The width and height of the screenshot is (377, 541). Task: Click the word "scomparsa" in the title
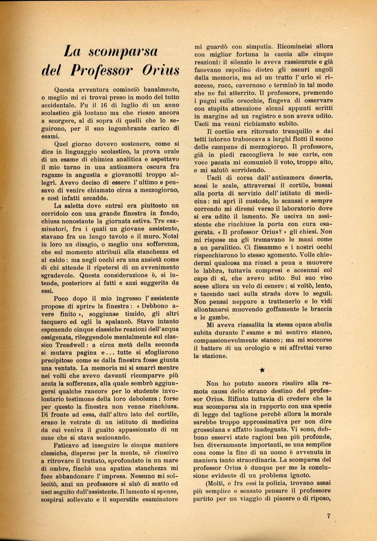117,51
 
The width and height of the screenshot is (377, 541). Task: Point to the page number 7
328,516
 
